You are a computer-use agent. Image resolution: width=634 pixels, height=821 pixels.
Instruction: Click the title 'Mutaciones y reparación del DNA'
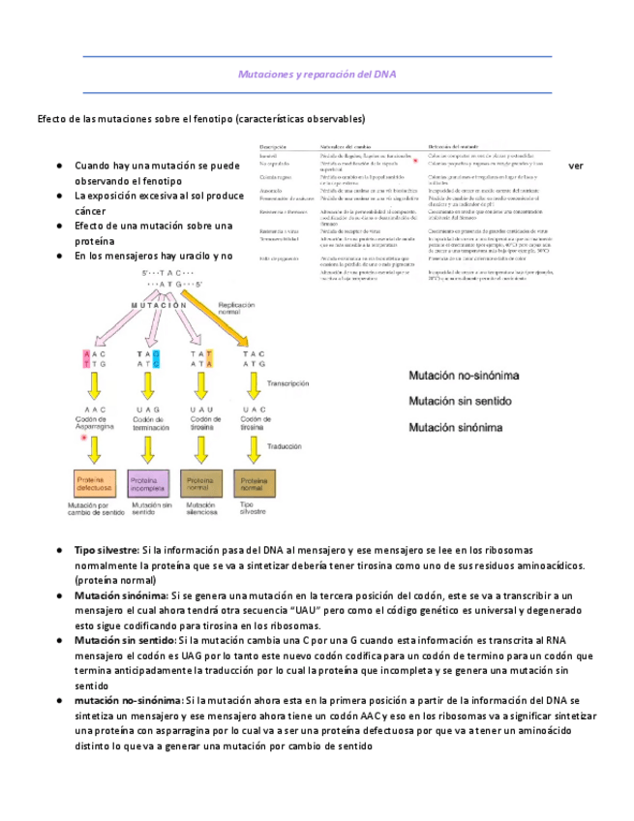[x=317, y=75]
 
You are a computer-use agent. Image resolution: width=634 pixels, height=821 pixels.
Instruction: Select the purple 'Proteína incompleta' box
[x=149, y=482]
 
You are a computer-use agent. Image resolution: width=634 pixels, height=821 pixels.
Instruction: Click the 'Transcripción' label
[x=290, y=382]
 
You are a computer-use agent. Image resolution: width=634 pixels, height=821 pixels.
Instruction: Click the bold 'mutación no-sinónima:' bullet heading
[x=128, y=699]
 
